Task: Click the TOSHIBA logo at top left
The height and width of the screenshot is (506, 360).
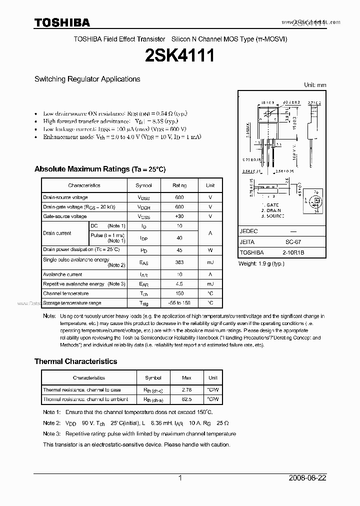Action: click(x=62, y=22)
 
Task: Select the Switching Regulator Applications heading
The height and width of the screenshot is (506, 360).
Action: click(x=87, y=79)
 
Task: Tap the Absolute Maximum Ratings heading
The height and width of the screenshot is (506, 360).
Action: click(x=99, y=169)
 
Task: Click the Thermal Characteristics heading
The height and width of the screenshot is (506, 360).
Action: click(x=75, y=361)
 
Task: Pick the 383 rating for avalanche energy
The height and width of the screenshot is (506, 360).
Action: click(x=179, y=262)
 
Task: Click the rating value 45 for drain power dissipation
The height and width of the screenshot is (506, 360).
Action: click(x=179, y=249)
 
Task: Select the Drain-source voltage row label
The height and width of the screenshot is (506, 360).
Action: click(x=65, y=197)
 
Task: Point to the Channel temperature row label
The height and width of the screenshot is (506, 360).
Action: click(x=66, y=293)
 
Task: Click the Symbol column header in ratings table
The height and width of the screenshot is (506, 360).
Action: click(x=144, y=185)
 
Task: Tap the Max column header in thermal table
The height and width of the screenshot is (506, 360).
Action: click(x=186, y=378)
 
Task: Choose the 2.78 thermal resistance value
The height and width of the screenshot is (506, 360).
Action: click(x=186, y=389)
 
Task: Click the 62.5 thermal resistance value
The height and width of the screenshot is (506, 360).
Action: click(x=186, y=399)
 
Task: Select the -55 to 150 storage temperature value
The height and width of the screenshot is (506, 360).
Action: click(x=179, y=303)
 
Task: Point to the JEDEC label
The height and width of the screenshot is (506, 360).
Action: click(x=248, y=231)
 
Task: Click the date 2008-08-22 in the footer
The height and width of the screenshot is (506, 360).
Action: click(x=307, y=478)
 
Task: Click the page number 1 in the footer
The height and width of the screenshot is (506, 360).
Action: click(x=180, y=478)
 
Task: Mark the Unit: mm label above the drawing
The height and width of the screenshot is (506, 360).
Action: click(x=315, y=85)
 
